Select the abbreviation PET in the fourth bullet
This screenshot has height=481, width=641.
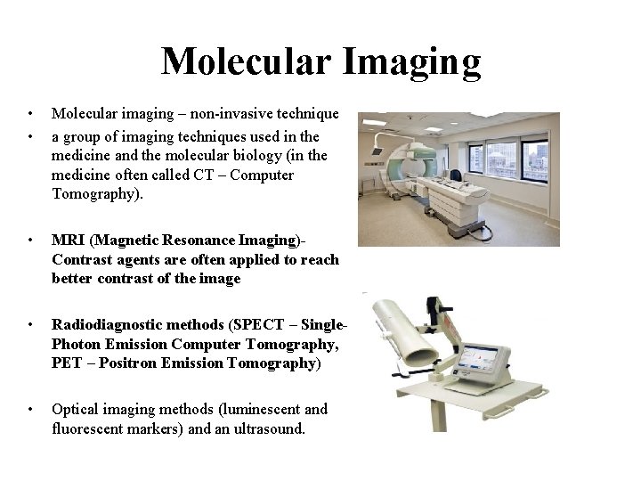pyautogui.click(x=67, y=363)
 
